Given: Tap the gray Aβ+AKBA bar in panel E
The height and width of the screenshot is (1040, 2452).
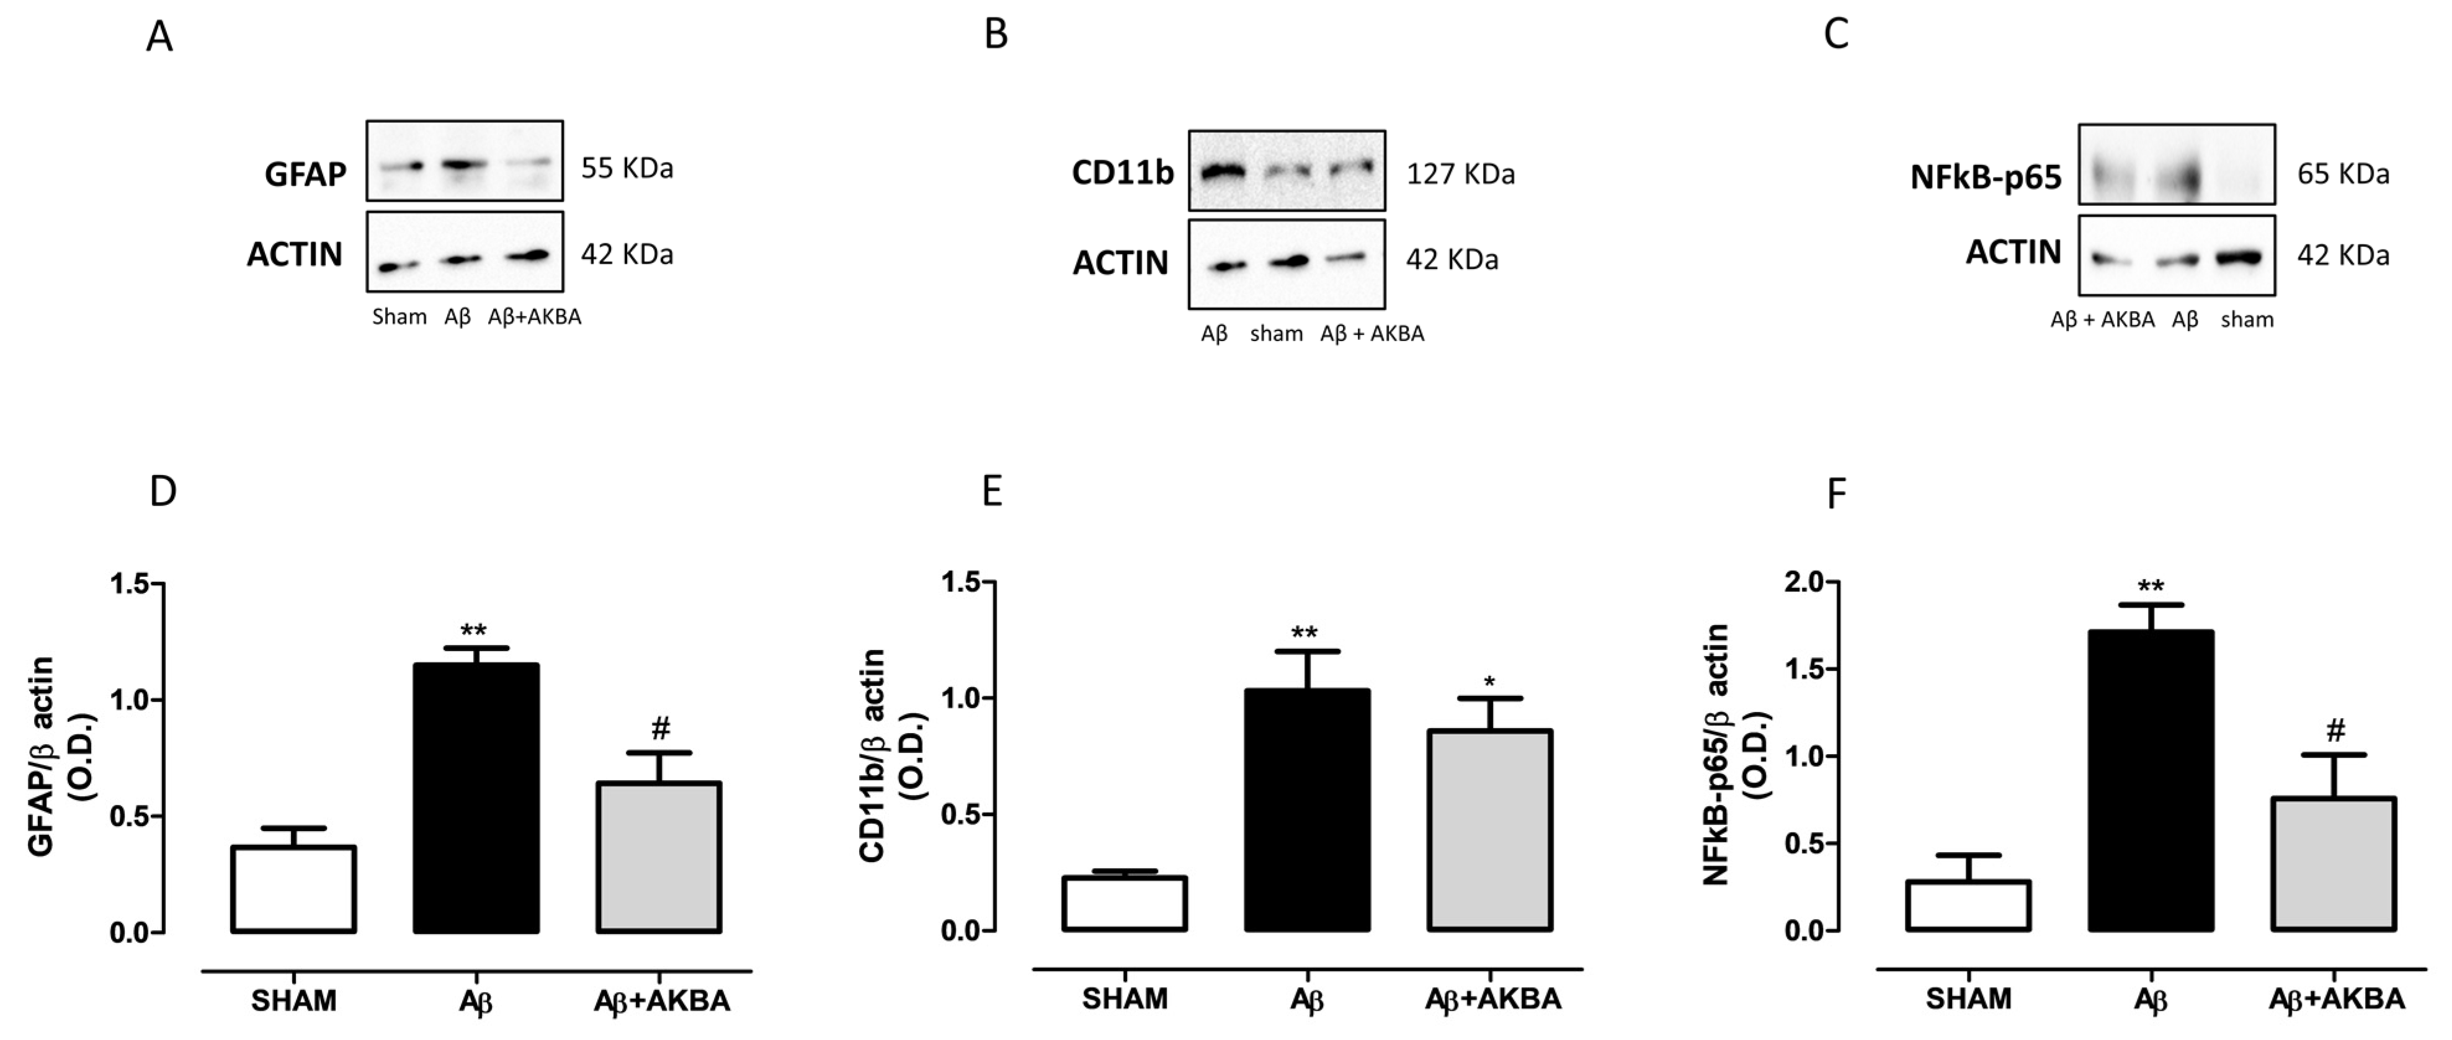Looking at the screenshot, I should pyautogui.click(x=1490, y=830).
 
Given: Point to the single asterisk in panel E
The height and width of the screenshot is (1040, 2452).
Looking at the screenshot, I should pyautogui.click(x=1490, y=682).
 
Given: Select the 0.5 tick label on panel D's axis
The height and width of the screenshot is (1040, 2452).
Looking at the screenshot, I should pyautogui.click(x=130, y=816).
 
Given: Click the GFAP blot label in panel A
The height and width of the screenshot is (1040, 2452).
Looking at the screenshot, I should pyautogui.click(x=306, y=175).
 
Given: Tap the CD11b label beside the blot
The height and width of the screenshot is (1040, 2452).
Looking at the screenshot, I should pyautogui.click(x=1123, y=173).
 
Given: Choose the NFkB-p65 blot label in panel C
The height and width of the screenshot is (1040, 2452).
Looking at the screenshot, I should pyautogui.click(x=1986, y=177).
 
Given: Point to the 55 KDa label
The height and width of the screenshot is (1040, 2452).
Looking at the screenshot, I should pyautogui.click(x=627, y=169).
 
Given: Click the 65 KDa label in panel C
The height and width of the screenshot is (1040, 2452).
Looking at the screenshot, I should pyautogui.click(x=2343, y=175).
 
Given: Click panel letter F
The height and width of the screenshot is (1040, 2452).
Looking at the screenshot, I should pyautogui.click(x=1836, y=494).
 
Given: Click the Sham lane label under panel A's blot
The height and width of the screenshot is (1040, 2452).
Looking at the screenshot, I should pyautogui.click(x=399, y=317).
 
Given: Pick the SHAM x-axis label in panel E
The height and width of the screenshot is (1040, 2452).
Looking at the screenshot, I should pyautogui.click(x=1124, y=999).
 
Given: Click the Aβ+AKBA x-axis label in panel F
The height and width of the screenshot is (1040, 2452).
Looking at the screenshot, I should pyautogui.click(x=2336, y=999).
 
